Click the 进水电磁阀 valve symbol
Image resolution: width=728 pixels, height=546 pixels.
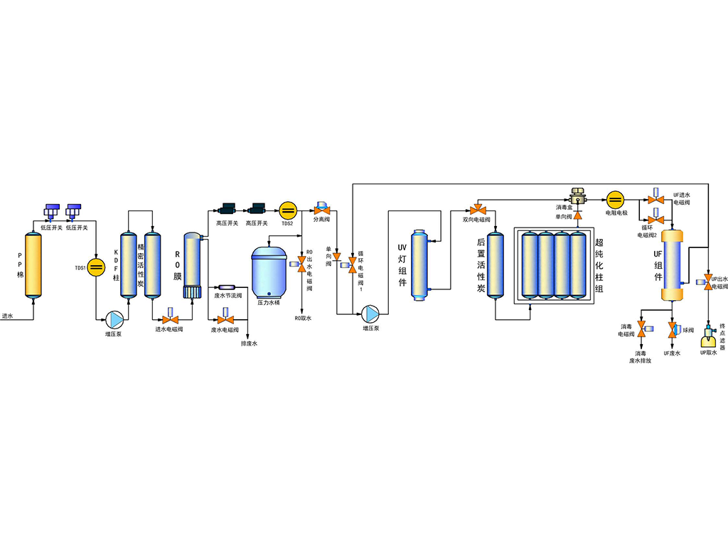(170, 318)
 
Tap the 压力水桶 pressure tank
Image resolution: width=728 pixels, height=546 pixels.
(269, 272)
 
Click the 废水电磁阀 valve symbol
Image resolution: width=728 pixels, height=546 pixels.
(221, 318)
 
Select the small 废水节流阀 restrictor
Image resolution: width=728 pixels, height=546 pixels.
(226, 287)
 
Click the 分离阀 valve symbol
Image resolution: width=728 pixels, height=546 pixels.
(319, 209)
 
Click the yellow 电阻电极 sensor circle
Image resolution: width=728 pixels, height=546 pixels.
(615, 198)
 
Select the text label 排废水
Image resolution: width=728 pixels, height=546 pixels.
(249, 344)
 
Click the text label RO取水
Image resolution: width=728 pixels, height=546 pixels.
(303, 318)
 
